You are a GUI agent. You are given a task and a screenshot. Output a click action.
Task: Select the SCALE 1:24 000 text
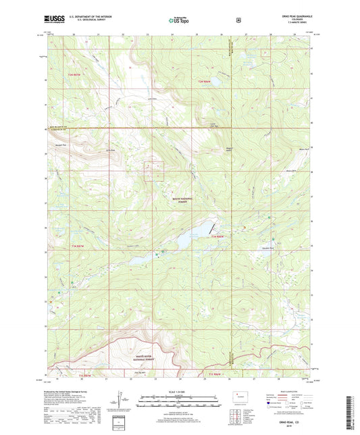[x=180, y=392]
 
